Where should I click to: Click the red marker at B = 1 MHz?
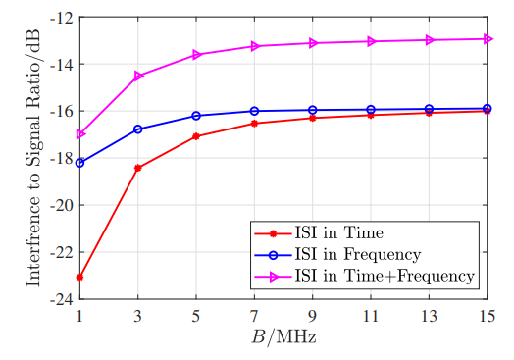79,278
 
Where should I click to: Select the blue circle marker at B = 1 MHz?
79,163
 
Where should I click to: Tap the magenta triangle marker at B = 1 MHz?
79,134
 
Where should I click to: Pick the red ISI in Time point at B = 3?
137,168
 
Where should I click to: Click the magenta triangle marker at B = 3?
138,76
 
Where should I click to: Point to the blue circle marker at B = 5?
196,116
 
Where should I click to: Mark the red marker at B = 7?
254,123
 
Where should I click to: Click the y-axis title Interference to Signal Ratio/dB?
33,157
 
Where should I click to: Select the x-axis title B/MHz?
283,338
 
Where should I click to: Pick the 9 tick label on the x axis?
312,316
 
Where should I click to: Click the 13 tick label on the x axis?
429,316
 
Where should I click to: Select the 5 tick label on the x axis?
196,316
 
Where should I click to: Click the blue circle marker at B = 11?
371,109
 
